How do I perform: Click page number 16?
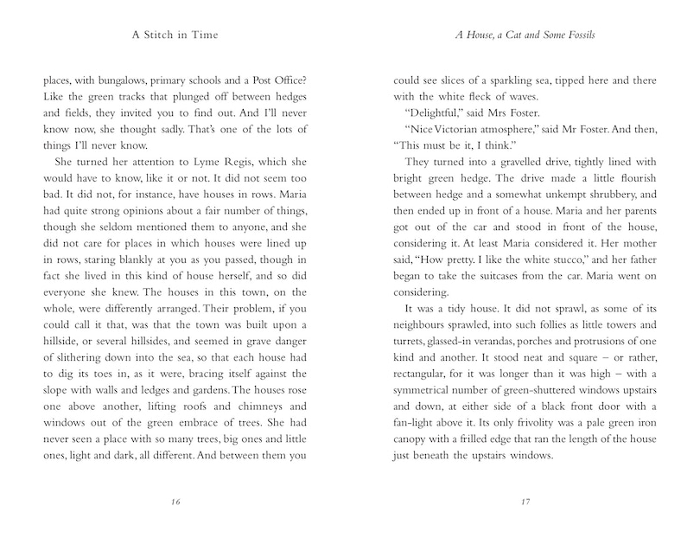(x=176, y=501)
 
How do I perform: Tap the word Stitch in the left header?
(x=172, y=36)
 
